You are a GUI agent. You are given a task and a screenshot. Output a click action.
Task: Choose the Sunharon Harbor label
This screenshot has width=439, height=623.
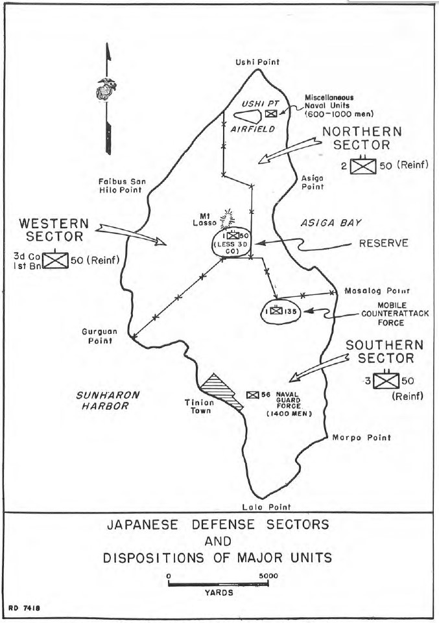[x=97, y=400]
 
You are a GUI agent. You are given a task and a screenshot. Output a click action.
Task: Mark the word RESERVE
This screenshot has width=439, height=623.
[x=383, y=244]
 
